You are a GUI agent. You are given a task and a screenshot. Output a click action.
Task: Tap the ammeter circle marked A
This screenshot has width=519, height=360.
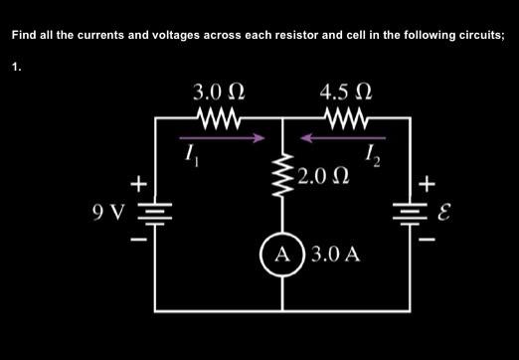[283, 254]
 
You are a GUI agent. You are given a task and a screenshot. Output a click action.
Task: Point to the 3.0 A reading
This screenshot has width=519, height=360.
[335, 255]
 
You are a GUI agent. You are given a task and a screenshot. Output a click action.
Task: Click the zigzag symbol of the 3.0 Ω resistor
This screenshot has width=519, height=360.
[220, 117]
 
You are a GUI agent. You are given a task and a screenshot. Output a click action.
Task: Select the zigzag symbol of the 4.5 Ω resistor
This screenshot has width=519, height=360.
[347, 117]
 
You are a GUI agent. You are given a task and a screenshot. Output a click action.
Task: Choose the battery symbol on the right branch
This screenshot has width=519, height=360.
[411, 212]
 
